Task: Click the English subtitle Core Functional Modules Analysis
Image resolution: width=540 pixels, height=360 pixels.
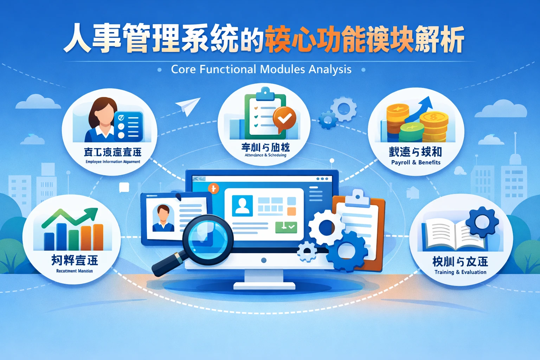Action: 261,69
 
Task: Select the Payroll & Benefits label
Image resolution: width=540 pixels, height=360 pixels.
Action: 416,162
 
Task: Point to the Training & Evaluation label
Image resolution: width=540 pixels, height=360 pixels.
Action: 460,272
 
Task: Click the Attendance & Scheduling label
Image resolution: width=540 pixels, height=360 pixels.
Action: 265,155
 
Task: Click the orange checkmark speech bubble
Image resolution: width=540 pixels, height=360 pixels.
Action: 284,119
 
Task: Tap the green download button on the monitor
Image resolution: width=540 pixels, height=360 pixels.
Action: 286,227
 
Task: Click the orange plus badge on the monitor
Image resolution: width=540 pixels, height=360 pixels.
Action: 213,188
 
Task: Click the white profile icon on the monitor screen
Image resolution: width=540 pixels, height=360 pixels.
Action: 242,206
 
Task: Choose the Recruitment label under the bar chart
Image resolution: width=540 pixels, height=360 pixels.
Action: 75,271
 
